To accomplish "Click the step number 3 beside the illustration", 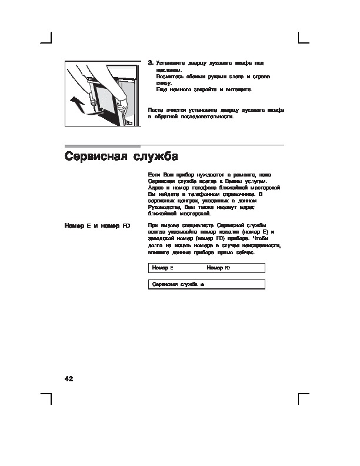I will pyautogui.click(x=151, y=62).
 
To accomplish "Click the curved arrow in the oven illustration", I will pyautogui.click(x=75, y=101).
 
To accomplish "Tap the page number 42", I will pyautogui.click(x=69, y=378).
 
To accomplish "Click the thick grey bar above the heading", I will pyautogui.click(x=102, y=145).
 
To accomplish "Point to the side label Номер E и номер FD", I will pyautogui.click(x=96, y=225).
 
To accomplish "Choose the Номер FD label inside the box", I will pyautogui.click(x=218, y=268).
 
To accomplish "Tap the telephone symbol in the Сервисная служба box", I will pyautogui.click(x=202, y=285).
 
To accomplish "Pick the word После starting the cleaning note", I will pyautogui.click(x=155, y=109).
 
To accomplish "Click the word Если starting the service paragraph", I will pyautogui.click(x=154, y=175).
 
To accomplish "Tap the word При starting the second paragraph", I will pyautogui.click(x=153, y=225).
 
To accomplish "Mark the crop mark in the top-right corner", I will pyautogui.click(x=303, y=39).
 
